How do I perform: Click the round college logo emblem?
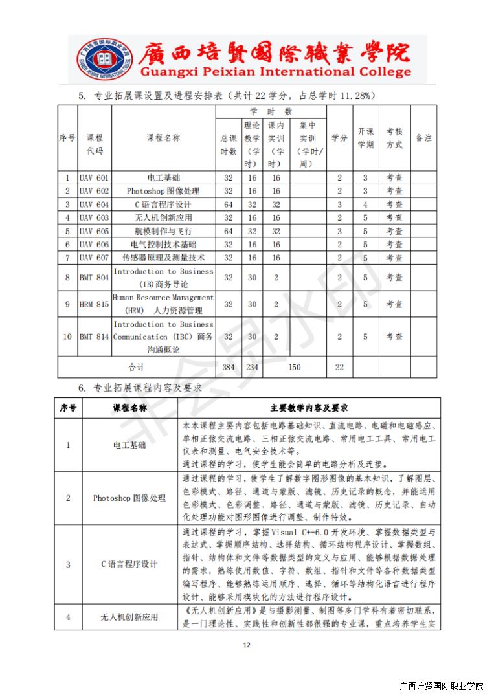point(97,60)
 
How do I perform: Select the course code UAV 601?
point(94,177)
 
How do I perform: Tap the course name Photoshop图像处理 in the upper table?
point(163,191)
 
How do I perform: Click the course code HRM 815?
point(94,304)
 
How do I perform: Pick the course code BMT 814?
point(94,337)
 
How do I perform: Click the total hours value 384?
point(228,367)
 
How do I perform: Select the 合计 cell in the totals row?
point(136,367)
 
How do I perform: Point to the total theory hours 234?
point(252,367)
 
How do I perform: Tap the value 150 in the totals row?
point(295,367)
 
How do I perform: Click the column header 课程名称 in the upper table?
point(163,138)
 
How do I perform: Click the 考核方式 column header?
point(394,138)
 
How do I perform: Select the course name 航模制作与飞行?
point(163,231)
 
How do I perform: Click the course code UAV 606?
point(94,244)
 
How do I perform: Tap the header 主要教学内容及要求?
point(309,408)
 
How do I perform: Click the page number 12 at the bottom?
point(246,644)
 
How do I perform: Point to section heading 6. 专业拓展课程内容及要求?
point(140,388)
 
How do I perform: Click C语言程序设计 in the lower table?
point(129,564)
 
